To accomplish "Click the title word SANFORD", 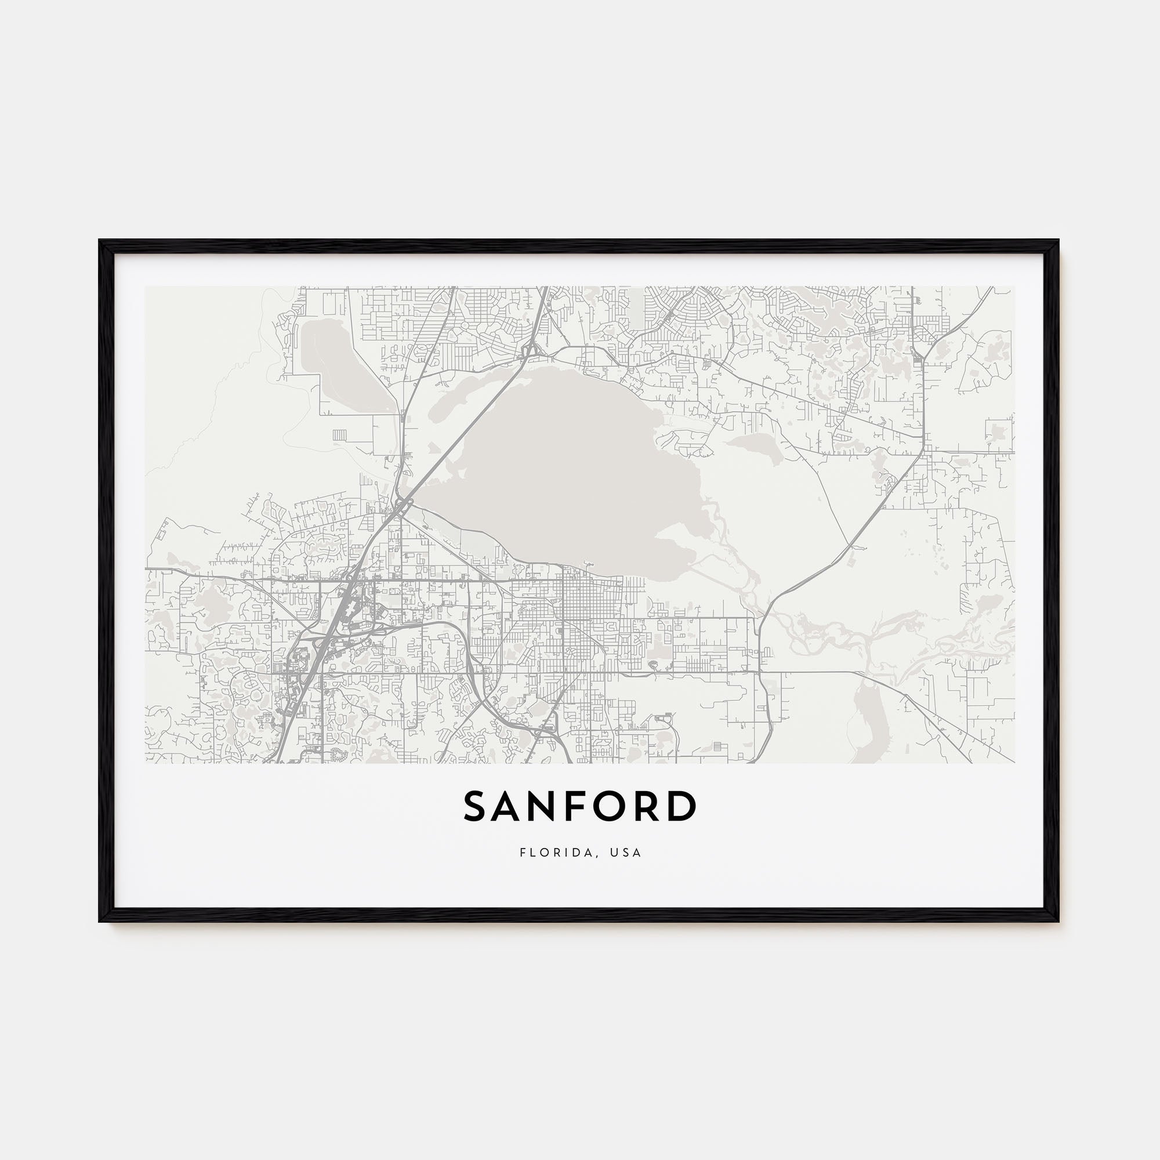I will (579, 806).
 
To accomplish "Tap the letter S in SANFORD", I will (476, 806).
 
